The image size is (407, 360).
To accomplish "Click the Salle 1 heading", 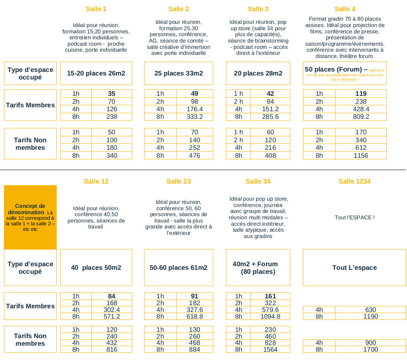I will click(96, 9).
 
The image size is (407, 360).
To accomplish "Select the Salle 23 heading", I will click(179, 181).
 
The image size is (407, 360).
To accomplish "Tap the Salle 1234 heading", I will click(354, 181).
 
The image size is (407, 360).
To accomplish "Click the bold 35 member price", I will click(112, 94).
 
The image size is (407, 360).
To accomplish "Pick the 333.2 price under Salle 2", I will click(195, 116).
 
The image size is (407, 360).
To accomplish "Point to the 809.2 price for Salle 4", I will click(361, 116).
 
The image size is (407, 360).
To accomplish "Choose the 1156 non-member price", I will click(361, 155).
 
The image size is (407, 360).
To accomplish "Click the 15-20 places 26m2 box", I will click(96, 73).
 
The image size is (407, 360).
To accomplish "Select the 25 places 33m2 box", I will click(179, 73).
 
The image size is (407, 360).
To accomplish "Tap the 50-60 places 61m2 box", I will click(179, 267).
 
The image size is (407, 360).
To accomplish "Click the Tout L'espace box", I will click(354, 267).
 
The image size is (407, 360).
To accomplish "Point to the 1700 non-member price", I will click(370, 350).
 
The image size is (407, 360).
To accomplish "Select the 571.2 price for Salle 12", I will click(112, 317).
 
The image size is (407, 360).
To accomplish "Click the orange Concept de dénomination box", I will click(30, 217).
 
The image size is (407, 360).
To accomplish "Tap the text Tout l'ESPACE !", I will click(355, 217).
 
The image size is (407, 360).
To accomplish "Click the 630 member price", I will click(370, 310).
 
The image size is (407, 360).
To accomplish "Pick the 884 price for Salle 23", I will click(195, 350).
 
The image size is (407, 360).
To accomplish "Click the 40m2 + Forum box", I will click(258, 267).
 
